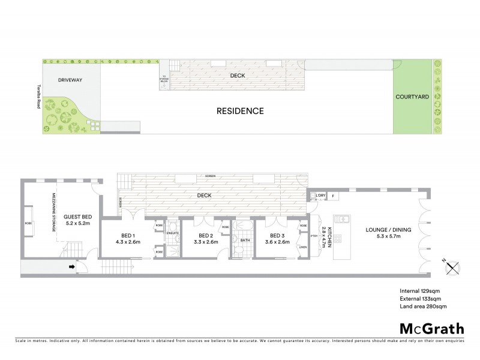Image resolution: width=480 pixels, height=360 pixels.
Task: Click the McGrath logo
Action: click(431, 328)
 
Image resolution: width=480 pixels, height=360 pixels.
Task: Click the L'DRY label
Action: click(320, 196)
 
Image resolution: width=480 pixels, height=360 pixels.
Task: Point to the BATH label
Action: click(245, 240)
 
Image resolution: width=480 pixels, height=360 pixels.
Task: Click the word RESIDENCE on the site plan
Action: click(240, 111)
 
